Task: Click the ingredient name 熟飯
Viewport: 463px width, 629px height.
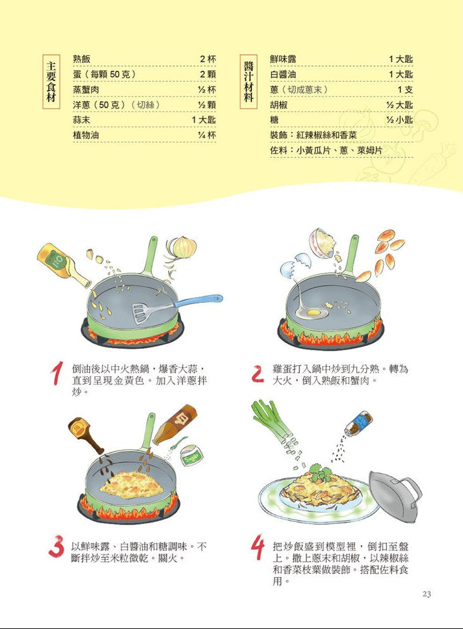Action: [82, 58]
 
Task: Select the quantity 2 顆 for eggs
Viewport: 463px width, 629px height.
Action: [208, 74]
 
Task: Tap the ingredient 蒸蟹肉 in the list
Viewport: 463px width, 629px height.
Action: [87, 89]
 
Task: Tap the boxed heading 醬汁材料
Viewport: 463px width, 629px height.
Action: [249, 82]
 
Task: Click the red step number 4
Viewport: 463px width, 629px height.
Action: [258, 549]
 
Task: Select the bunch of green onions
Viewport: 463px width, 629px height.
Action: [273, 421]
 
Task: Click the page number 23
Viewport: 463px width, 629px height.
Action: [427, 594]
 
